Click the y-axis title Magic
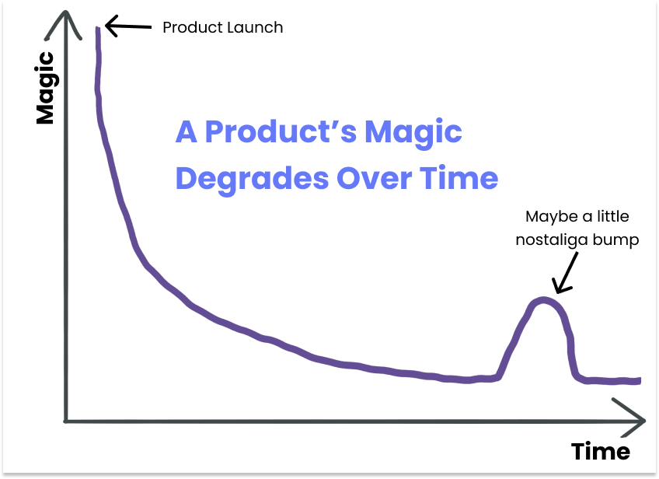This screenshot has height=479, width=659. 45,87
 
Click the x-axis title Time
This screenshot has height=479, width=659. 600,452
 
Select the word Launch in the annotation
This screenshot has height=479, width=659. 256,28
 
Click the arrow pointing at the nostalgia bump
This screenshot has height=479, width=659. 563,274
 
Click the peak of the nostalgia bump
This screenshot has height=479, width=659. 543,299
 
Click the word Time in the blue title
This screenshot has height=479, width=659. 459,179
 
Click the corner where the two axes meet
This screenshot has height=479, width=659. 66,421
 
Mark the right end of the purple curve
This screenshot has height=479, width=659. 639,380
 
